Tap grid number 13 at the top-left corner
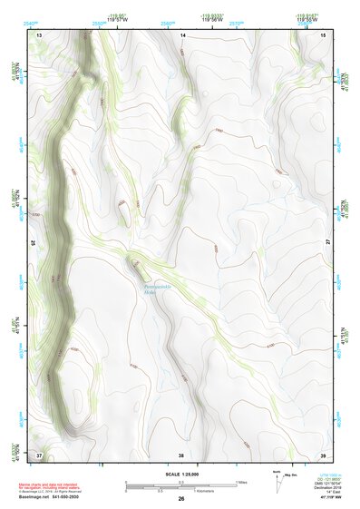tap(39, 34)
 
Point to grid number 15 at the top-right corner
tap(324, 34)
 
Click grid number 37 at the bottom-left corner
tap(39, 454)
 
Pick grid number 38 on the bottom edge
tap(181, 454)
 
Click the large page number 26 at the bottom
tap(181, 498)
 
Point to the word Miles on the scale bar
tap(241, 482)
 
